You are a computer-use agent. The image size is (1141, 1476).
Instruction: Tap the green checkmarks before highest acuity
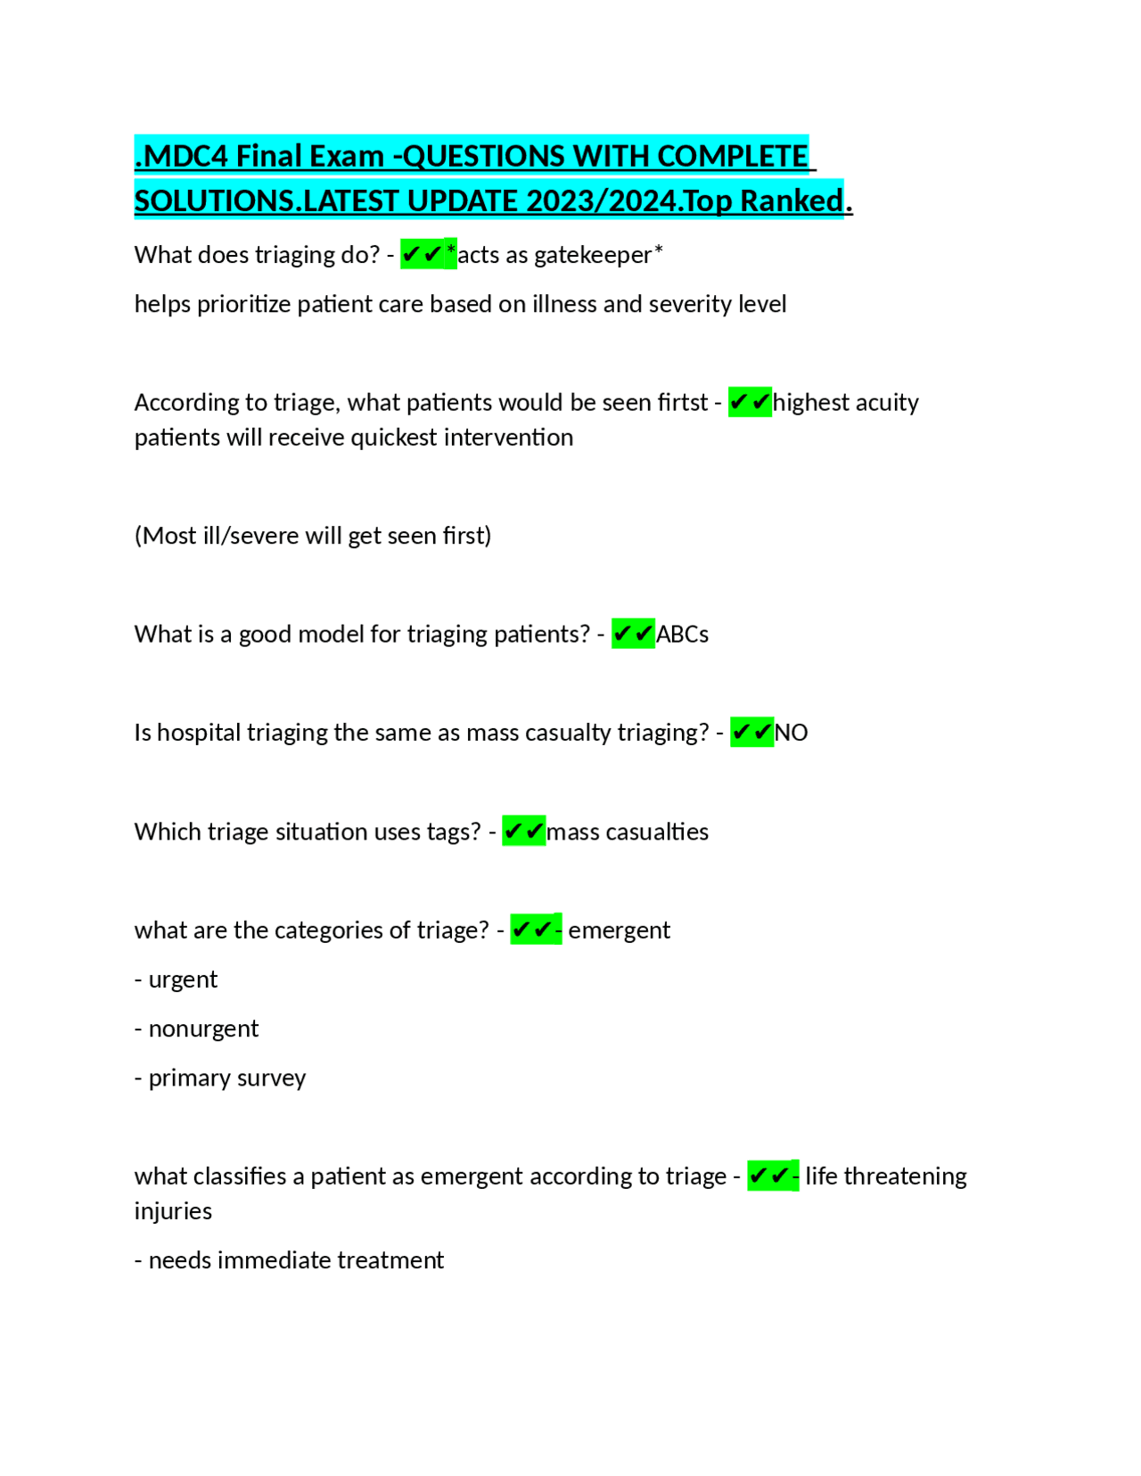click(750, 403)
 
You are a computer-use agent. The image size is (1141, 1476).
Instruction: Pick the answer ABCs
click(682, 635)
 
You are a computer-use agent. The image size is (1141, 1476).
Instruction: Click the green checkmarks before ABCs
click(633, 635)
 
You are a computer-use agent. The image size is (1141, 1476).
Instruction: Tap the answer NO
click(791, 733)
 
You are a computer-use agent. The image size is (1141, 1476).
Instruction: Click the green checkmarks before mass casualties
click(523, 832)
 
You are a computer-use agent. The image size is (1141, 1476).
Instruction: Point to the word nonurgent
click(203, 1029)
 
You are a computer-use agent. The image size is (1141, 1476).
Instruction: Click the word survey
click(271, 1078)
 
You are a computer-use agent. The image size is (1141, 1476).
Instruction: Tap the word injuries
click(173, 1211)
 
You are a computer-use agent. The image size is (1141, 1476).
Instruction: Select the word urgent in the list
click(183, 980)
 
